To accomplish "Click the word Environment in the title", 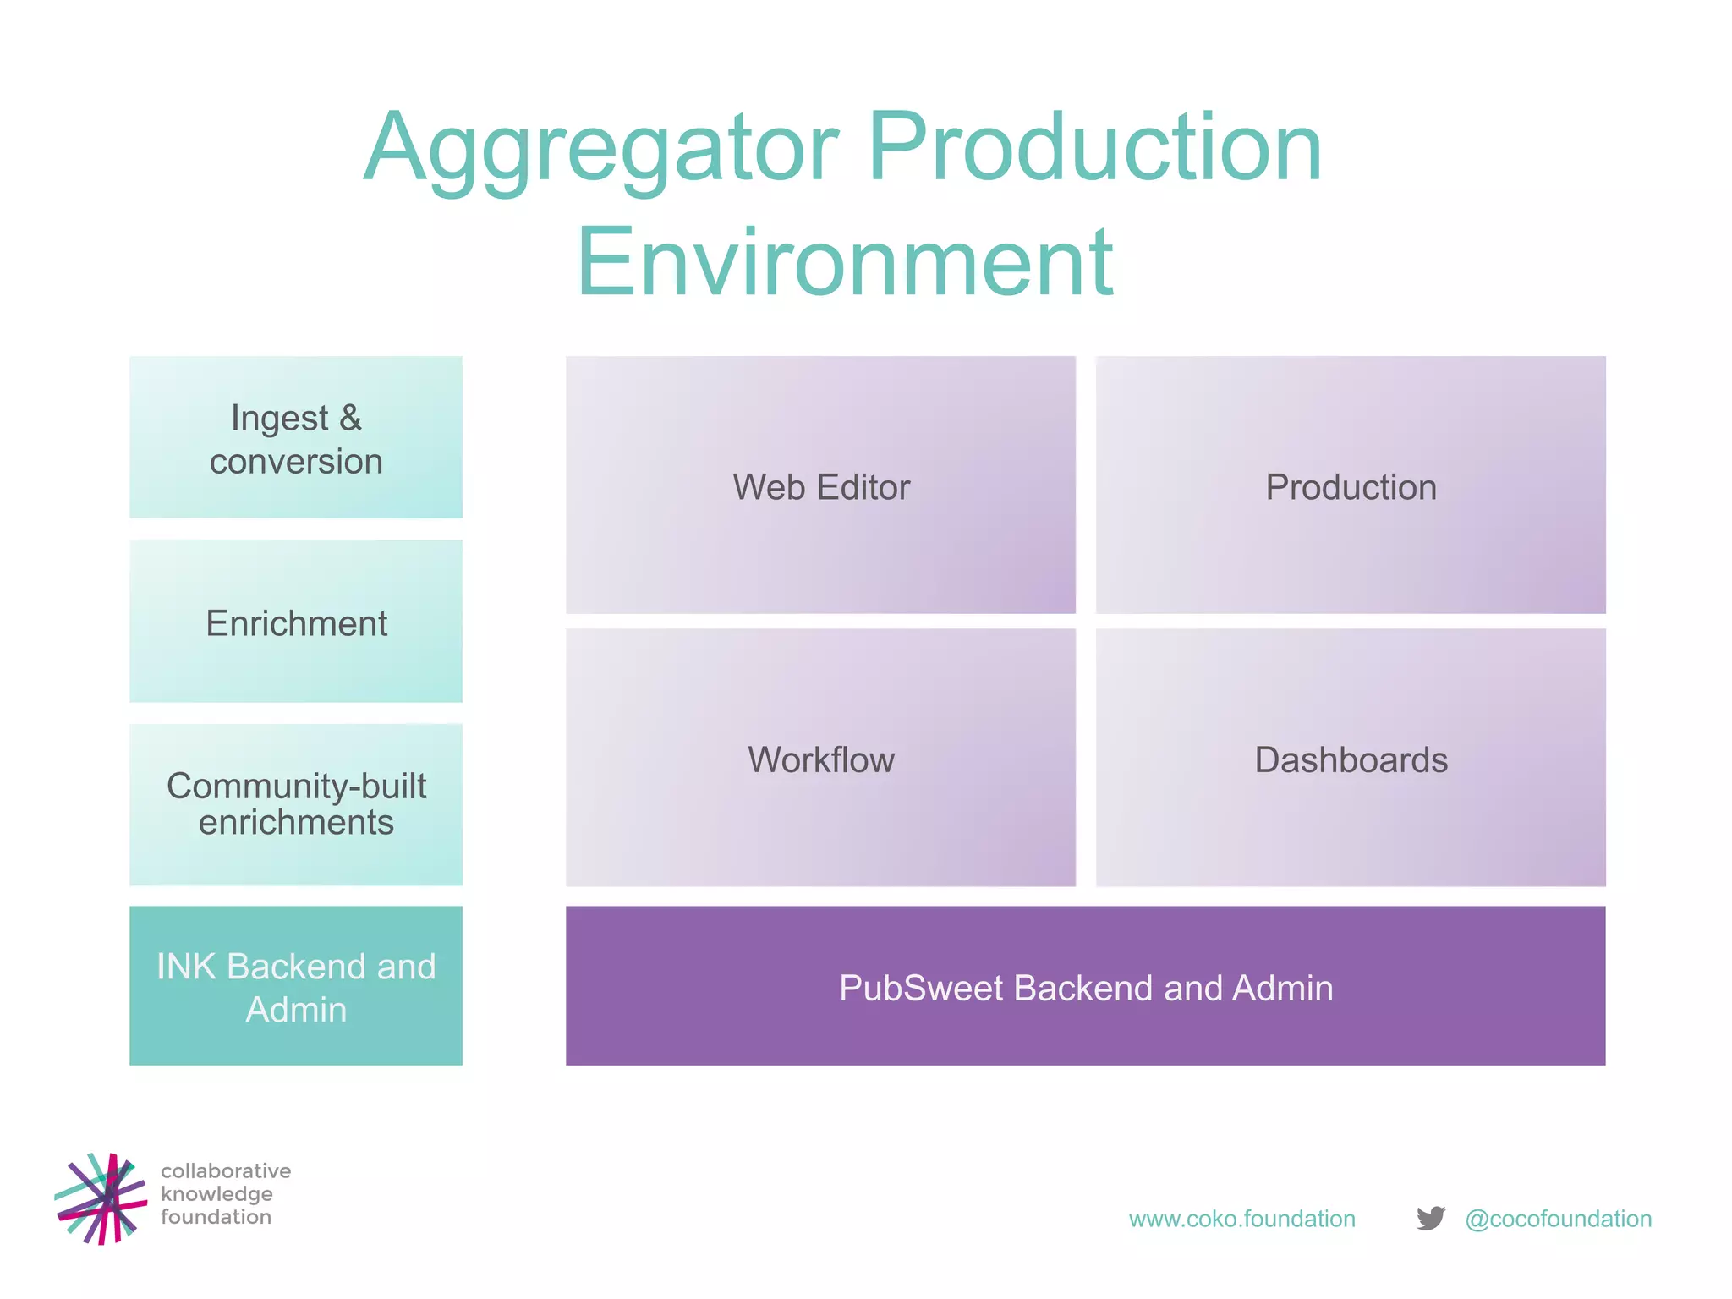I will click(x=845, y=262).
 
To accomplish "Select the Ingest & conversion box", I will click(x=296, y=437).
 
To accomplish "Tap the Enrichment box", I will click(x=296, y=622).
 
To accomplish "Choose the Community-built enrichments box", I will click(x=296, y=804).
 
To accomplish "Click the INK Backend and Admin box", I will click(x=296, y=986).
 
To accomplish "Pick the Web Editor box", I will click(x=820, y=485).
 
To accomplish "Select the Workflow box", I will click(x=820, y=758).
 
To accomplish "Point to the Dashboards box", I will click(x=1351, y=758).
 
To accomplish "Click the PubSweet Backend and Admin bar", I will click(x=1085, y=986).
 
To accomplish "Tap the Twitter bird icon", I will click(x=1431, y=1218).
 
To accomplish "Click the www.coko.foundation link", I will click(x=1241, y=1219).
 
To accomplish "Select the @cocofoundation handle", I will click(x=1558, y=1219).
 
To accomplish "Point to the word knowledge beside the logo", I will click(x=216, y=1194).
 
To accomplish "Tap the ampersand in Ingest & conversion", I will click(x=350, y=418).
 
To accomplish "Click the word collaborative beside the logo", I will click(x=226, y=1170).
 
